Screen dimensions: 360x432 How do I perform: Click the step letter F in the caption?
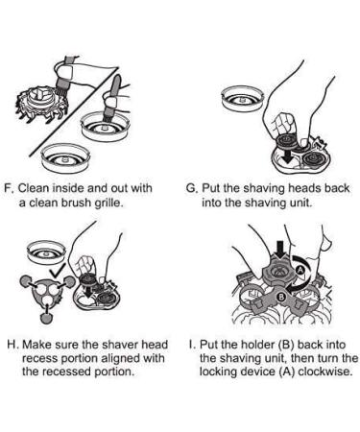[x=8, y=188]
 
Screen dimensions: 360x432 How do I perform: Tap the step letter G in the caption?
[x=191, y=188]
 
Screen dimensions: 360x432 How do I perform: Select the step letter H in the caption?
[x=12, y=345]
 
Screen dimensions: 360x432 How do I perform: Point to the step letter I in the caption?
[x=191, y=345]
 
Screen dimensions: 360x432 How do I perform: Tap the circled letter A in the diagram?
[x=300, y=270]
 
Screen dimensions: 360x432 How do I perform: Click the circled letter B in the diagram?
[x=280, y=298]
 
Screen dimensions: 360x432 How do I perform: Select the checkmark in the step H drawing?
[x=58, y=271]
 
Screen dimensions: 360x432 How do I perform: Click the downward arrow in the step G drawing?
[x=289, y=155]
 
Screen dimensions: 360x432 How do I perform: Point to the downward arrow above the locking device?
[x=281, y=251]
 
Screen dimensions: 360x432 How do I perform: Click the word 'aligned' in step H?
[x=120, y=359]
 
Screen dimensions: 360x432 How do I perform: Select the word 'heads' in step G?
[x=305, y=188]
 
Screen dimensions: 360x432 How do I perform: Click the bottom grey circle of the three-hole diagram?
[x=46, y=318]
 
